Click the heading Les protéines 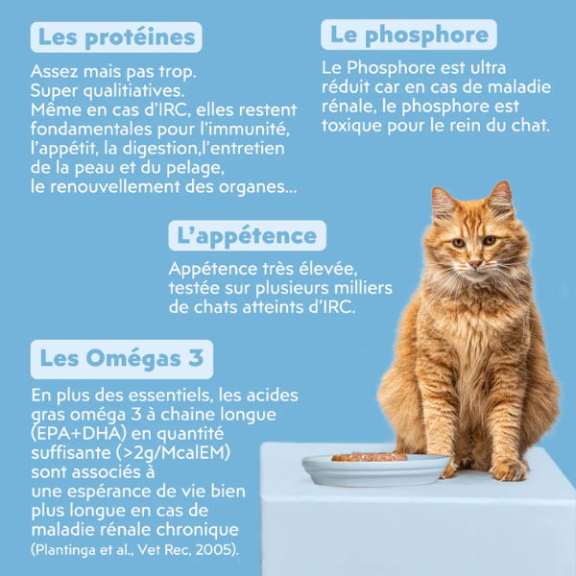coord(115,37)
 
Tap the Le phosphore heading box coord(409,36)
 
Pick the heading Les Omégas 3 coord(121,360)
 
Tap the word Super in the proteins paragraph coord(53,90)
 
